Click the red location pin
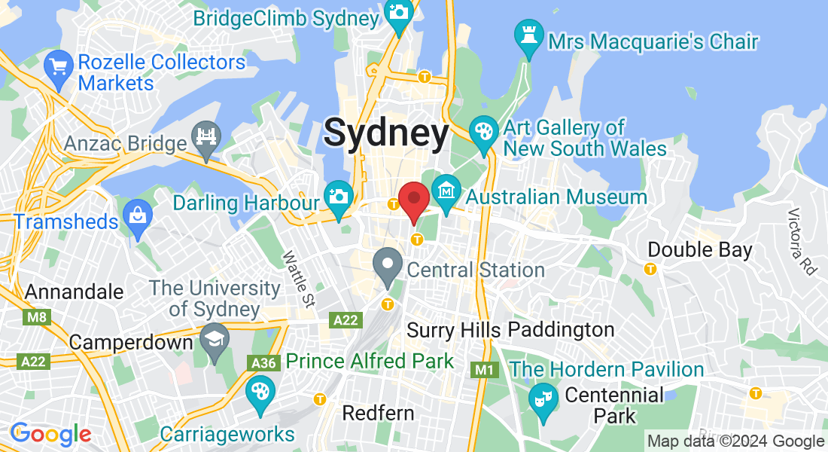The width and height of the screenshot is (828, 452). pyautogui.click(x=413, y=200)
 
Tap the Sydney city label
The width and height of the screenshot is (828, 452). pyautogui.click(x=386, y=133)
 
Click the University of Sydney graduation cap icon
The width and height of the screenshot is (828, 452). pyautogui.click(x=215, y=338)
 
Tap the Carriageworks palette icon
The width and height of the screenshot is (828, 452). pyautogui.click(x=260, y=392)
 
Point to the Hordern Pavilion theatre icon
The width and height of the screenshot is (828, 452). pyautogui.click(x=542, y=397)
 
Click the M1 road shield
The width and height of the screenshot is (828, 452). pyautogui.click(x=484, y=370)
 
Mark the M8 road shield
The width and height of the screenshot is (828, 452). pyautogui.click(x=35, y=316)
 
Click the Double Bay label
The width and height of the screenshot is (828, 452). pyautogui.click(x=700, y=249)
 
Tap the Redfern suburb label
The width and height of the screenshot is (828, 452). pyautogui.click(x=378, y=413)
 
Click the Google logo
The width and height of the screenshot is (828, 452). pyautogui.click(x=51, y=435)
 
